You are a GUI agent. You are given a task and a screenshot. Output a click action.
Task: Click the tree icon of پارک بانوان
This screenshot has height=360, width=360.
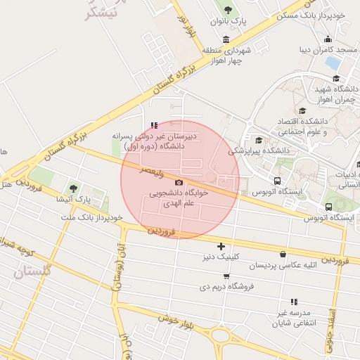pos(226,9)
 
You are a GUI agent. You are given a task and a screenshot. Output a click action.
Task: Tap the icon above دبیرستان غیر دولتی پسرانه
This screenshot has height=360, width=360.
pos(155,125)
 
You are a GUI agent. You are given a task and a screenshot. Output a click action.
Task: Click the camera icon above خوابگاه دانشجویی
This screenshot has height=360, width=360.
pos(178,183)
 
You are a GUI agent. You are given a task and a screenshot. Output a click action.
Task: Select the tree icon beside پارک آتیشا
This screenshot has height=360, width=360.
pos(74,188)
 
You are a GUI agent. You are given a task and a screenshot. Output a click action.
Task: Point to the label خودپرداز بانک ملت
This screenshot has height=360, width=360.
pos(92,218)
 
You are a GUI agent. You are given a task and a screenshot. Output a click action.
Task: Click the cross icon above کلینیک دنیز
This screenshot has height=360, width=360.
pos(221,245)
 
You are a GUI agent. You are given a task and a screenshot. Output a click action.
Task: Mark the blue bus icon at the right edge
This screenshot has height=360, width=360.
pos(329,207)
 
